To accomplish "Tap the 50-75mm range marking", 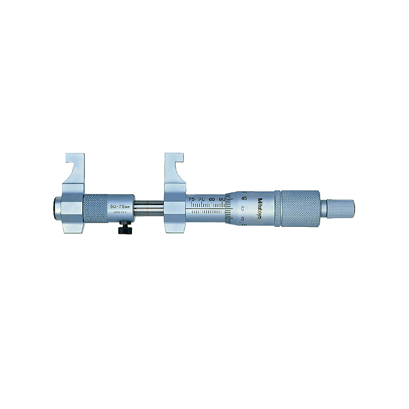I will point(119,207).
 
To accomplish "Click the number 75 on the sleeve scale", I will point(191,200).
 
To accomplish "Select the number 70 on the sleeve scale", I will point(201,200).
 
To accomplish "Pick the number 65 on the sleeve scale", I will point(212,200).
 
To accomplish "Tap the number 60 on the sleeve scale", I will point(222,200).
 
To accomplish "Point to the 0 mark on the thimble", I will point(243,208).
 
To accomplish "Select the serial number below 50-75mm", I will point(119,214).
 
